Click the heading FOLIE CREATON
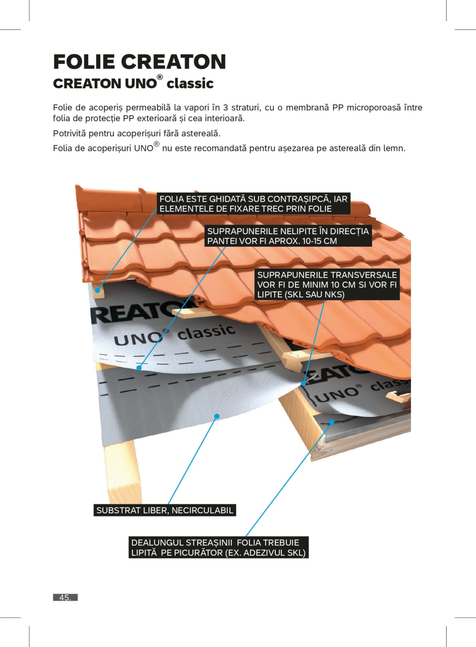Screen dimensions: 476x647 pyautogui.click(x=139, y=61)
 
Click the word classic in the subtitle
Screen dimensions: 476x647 pyautogui.click(x=190, y=84)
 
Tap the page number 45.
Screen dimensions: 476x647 pyautogui.click(x=65, y=597)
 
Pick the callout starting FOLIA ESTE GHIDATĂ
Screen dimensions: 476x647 pyautogui.click(x=254, y=204)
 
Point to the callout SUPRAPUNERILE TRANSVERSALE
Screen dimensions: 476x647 pyautogui.click(x=327, y=285)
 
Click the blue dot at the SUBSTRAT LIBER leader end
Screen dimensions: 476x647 pyautogui.click(x=217, y=416)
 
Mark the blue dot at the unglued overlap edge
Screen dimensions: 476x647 pyautogui.click(x=139, y=368)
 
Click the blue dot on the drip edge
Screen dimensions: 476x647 pyautogui.click(x=332, y=423)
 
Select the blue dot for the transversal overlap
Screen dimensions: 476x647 pyautogui.click(x=303, y=384)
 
